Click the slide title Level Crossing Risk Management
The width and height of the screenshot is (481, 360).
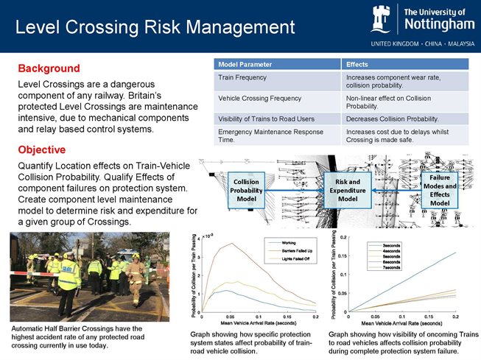point(155,27)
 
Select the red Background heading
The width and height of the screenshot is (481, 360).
point(49,68)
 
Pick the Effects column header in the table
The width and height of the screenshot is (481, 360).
point(358,63)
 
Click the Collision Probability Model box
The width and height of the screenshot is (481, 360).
point(245,190)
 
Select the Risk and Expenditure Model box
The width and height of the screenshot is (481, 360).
point(347,190)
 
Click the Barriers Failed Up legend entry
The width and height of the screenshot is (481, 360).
point(297,252)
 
